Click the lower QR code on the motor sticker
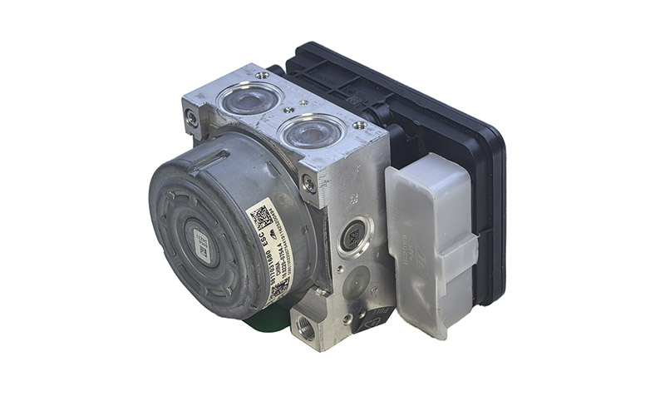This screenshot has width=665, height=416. coord(278,285)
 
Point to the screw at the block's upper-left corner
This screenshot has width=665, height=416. coord(193,117)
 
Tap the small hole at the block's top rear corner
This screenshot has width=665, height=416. coord(263,76)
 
